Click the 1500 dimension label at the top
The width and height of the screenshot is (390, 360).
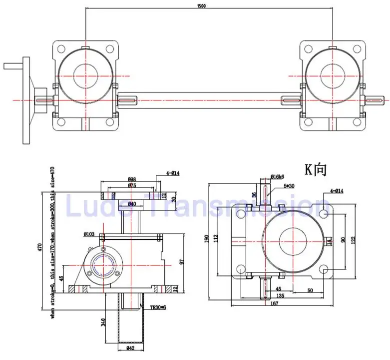[x=202, y=6]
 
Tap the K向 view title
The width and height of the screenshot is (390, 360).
[x=316, y=169]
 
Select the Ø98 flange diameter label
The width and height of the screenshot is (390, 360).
[x=132, y=179]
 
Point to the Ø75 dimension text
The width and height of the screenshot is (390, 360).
[x=132, y=185]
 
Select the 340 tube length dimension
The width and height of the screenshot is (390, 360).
[x=104, y=322]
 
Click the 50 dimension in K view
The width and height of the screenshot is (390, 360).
[x=310, y=290]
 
